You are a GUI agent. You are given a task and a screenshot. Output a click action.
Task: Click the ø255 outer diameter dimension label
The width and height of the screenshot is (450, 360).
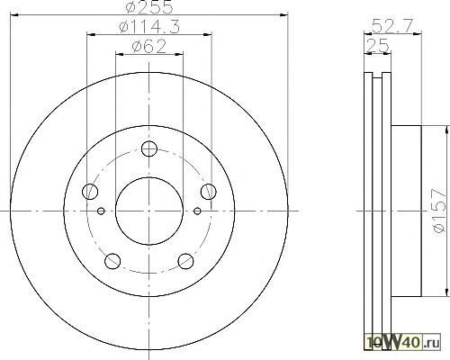tap(149, 6)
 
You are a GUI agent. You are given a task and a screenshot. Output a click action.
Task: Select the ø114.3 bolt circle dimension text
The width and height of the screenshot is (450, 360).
tap(149, 27)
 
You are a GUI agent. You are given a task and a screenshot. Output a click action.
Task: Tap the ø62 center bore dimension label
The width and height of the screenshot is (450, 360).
tap(149, 47)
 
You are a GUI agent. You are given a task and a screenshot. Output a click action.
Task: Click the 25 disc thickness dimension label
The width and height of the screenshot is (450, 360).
tap(378, 46)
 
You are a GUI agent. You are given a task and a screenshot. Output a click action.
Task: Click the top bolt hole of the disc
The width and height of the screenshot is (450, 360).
tap(149, 148)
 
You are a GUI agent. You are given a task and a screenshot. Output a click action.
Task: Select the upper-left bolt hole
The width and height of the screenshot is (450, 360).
tap(90, 192)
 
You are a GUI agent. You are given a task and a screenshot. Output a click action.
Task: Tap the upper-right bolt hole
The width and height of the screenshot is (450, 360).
tap(209, 192)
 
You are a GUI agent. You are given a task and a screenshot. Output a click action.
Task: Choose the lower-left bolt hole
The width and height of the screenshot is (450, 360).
tap(112, 261)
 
